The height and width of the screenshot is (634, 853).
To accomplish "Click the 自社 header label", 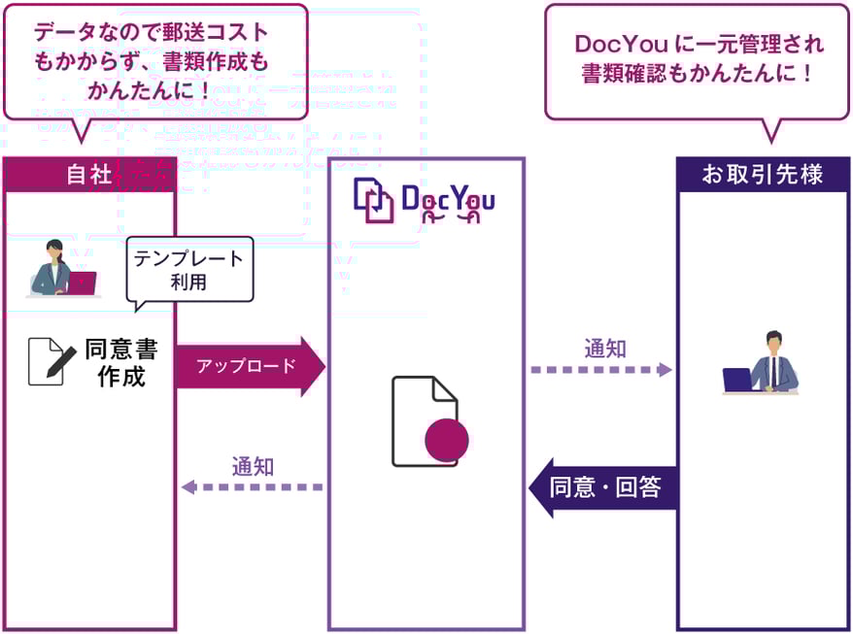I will (88, 175).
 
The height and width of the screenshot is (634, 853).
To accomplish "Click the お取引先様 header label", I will (763, 175).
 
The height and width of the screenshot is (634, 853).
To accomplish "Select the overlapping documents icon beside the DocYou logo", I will (373, 200).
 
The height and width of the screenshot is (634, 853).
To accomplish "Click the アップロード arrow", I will (249, 366).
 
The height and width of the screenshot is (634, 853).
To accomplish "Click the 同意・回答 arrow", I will (603, 487).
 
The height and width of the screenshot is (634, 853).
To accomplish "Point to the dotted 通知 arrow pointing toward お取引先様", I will (602, 370).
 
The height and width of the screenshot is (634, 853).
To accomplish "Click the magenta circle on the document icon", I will (447, 439).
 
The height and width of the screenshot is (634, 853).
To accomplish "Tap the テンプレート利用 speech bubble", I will (189, 271).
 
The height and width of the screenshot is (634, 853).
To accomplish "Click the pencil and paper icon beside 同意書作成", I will (51, 361).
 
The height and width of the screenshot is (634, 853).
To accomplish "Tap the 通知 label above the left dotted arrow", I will (253, 465).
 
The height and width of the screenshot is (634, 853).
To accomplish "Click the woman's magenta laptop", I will (81, 283).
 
